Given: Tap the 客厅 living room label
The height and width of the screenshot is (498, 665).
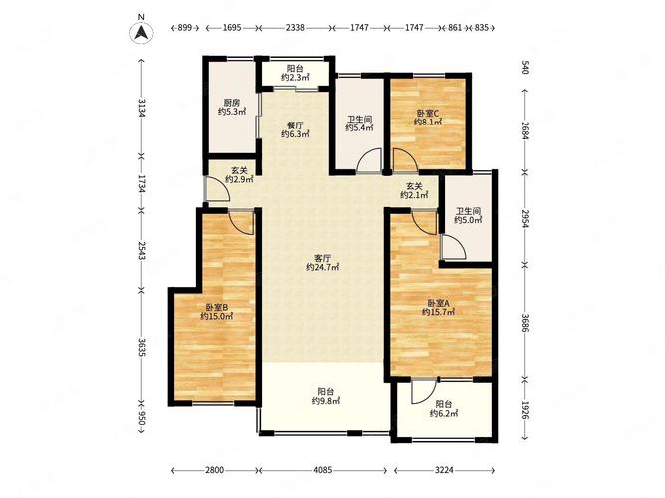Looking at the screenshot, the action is (322, 258).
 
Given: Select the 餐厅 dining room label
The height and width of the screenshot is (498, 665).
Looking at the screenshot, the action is (295, 125).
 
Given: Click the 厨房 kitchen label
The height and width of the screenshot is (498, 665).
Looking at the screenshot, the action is (232, 103).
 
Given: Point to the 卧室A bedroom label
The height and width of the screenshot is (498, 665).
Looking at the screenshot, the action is (438, 303).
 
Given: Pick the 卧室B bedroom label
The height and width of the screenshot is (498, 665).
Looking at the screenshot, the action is (217, 307).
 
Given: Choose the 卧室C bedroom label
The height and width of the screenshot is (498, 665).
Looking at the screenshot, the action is (427, 114).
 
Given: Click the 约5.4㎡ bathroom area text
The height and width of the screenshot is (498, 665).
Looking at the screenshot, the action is (359, 128).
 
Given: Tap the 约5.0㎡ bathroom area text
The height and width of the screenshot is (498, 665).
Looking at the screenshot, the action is (468, 220).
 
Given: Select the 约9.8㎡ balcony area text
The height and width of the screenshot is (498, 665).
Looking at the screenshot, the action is (325, 401).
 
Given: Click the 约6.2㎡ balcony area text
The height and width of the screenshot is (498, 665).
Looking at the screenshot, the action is (444, 414).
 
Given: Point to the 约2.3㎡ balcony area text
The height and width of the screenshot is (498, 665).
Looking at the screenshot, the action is (295, 77).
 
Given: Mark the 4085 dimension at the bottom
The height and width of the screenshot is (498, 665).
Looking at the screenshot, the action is (323, 470).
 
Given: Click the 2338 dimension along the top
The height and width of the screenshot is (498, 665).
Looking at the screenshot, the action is (295, 28).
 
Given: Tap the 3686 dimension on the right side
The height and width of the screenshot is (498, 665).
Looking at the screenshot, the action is (525, 323).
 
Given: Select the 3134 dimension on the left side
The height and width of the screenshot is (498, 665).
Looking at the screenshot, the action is (142, 109).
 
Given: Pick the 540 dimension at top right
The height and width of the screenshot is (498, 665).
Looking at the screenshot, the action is (525, 68).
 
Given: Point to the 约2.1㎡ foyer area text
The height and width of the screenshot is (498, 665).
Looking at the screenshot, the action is (414, 195).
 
